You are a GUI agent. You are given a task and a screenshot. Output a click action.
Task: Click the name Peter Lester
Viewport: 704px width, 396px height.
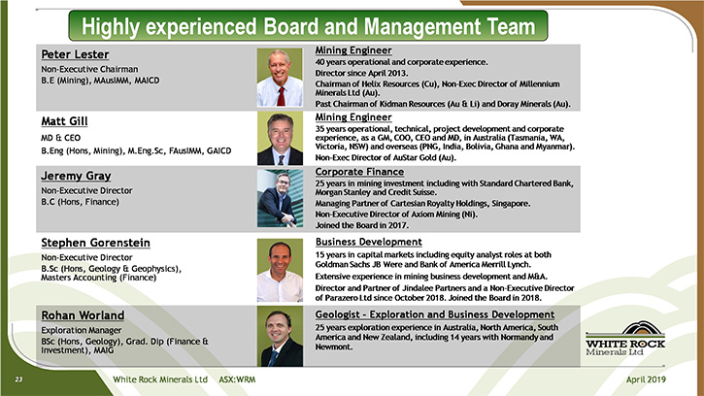coord(75,54)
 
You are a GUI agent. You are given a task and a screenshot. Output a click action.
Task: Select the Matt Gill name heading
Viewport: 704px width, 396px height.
coord(64,121)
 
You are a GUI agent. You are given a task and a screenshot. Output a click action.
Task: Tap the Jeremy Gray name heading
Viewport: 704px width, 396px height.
coord(76,176)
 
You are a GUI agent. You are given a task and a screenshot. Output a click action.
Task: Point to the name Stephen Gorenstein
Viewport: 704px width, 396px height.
coord(95,243)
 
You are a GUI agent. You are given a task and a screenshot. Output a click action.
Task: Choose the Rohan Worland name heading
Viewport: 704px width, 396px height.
coord(83,315)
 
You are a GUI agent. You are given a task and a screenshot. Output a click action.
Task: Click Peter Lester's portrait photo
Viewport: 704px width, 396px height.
coord(280,78)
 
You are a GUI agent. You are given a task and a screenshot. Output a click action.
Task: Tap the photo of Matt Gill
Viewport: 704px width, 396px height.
coord(280,138)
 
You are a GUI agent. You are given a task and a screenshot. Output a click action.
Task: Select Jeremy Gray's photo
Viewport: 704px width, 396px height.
coord(280,198)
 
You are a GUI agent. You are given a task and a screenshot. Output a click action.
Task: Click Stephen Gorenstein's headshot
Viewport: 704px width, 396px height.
coord(280,270)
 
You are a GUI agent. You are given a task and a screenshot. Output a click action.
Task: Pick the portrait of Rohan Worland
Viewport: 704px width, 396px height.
coord(280,336)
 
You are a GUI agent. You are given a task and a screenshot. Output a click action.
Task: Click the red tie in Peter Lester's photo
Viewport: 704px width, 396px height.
coord(281,96)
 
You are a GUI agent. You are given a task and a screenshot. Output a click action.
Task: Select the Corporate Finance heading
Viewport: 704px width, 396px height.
coord(359,172)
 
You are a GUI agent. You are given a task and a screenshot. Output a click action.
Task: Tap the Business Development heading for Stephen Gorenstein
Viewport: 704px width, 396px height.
coord(369,242)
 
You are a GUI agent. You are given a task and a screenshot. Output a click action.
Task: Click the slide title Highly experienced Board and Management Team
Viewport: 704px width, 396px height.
coord(308,26)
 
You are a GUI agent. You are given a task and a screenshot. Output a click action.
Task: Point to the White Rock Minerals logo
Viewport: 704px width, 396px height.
coord(625,339)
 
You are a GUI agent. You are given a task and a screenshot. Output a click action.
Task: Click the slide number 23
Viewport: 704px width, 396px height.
coord(18,379)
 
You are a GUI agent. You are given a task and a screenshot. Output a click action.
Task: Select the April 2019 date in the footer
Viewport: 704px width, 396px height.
coord(646,379)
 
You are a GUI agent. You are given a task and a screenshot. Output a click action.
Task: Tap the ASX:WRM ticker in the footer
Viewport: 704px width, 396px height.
coord(237,379)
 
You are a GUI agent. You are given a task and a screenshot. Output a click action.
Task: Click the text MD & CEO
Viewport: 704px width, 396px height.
coord(60,138)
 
